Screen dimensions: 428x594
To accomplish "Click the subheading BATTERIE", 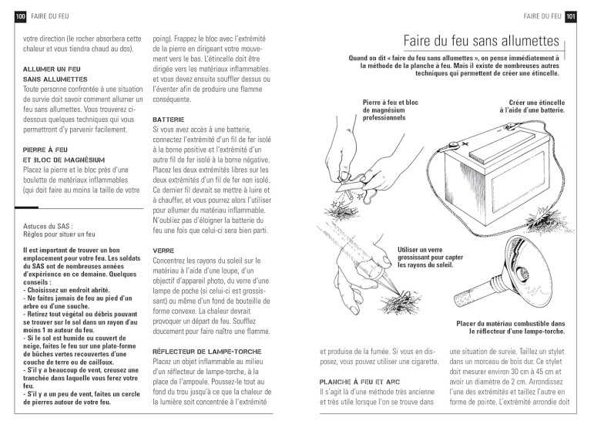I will tap(169, 121).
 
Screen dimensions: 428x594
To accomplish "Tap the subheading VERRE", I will tap(163, 251).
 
